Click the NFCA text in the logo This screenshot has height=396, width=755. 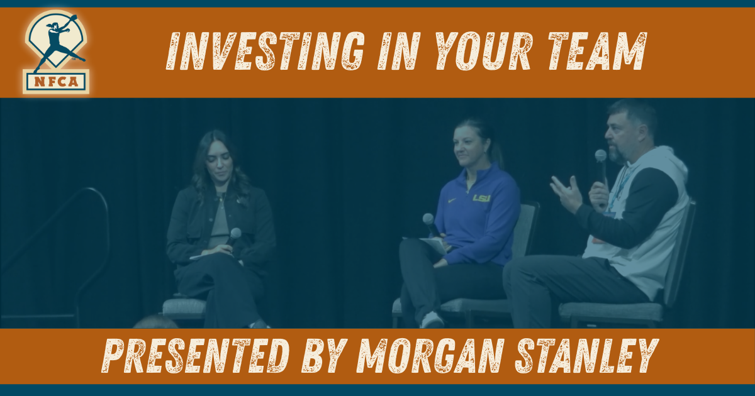56,81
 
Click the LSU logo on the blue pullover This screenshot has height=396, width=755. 481,198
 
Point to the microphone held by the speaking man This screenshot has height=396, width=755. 601,157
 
